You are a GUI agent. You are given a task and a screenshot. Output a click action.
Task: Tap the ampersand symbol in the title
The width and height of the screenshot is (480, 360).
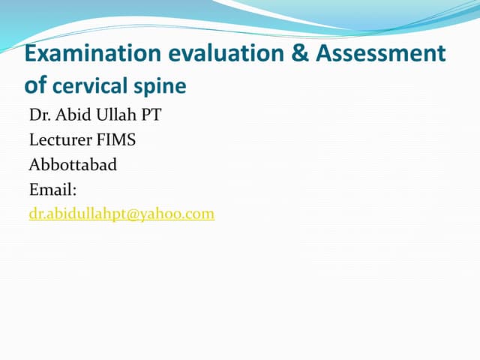(298, 54)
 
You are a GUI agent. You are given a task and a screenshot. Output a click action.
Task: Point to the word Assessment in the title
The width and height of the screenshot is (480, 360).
(381, 54)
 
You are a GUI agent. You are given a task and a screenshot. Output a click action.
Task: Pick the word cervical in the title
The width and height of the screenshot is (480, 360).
(91, 86)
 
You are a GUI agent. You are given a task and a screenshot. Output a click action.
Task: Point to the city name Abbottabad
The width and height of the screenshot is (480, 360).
(73, 165)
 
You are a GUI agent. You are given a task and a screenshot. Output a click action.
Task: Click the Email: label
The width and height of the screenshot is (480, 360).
(53, 190)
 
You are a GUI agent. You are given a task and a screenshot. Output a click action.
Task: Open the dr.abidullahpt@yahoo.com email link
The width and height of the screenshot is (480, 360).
(121, 214)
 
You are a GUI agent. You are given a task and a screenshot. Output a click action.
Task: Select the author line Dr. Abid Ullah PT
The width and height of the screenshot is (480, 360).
(94, 116)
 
